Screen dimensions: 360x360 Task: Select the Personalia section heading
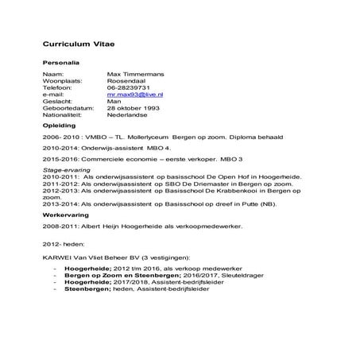point(60,62)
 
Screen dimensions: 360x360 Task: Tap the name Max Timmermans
point(136,74)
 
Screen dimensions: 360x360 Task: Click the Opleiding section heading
point(60,125)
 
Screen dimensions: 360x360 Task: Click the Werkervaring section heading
point(67,215)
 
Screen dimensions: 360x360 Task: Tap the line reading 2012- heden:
point(62,243)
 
